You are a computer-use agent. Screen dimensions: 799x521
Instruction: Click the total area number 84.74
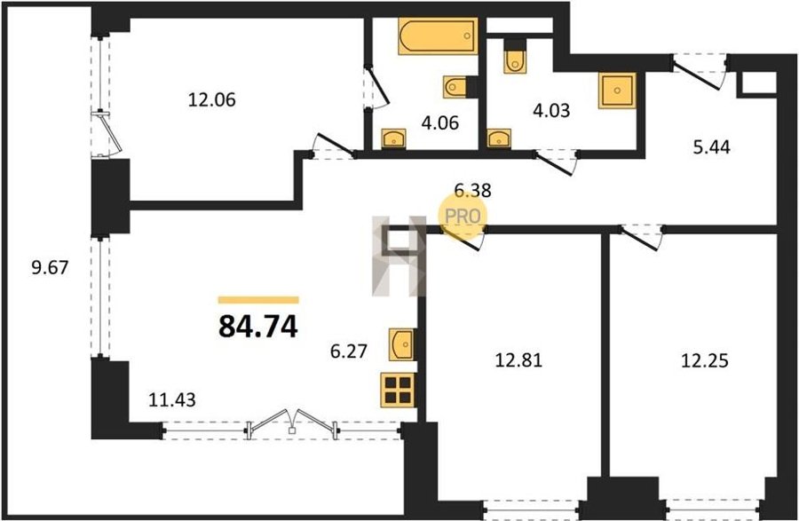coord(257,327)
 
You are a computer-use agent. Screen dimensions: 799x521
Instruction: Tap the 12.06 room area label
coord(212,99)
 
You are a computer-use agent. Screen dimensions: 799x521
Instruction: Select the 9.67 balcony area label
coord(50,267)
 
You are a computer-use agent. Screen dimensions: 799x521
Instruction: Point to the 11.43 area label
coord(171,399)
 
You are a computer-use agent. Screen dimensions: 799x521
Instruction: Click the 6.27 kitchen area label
coord(349,351)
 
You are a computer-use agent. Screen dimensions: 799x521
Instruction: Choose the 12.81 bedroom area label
coord(518,360)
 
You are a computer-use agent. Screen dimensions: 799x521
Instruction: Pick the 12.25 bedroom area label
coord(705,361)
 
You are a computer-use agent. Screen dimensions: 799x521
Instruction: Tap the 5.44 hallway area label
coord(712,147)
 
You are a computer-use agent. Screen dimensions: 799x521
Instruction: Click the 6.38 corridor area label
coord(472,190)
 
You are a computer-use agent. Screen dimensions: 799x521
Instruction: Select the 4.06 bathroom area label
coord(440,122)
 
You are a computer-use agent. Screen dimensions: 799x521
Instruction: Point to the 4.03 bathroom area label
coord(551,110)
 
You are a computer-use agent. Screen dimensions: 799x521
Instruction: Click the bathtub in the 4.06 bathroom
coord(439,36)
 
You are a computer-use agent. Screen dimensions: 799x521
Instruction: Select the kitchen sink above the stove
coord(401,344)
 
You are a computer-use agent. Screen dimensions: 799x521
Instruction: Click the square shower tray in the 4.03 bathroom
coord(617,91)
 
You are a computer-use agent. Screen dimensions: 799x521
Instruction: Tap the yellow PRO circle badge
coord(463,217)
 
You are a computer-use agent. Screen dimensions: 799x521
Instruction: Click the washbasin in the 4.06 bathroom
coord(393,138)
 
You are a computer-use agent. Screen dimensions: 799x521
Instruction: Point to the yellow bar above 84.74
coord(258,300)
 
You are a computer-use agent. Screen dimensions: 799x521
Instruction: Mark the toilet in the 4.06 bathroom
coord(455,87)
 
